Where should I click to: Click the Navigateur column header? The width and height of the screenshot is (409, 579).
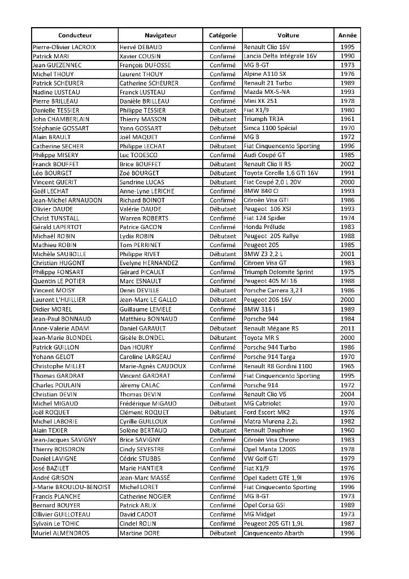[160, 35]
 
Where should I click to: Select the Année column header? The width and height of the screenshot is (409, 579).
[347, 35]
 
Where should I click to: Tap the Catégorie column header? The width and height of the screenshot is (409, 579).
[222, 35]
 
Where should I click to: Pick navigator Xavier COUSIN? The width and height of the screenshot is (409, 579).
[140, 56]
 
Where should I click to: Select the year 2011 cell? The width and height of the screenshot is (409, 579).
[347, 328]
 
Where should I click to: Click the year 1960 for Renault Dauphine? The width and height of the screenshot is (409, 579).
[347, 430]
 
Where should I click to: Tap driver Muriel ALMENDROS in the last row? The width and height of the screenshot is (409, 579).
[61, 533]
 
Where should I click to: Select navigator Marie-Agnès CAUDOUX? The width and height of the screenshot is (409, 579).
[153, 366]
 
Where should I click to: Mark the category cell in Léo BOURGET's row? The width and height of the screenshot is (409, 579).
[222, 172]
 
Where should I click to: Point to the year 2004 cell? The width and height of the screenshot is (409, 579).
[347, 394]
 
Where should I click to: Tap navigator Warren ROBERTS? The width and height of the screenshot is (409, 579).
[144, 218]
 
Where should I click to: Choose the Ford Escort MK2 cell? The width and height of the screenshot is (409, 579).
[268, 412]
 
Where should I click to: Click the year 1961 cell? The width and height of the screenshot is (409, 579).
[347, 119]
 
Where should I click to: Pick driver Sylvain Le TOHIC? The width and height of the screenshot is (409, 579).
[56, 524]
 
